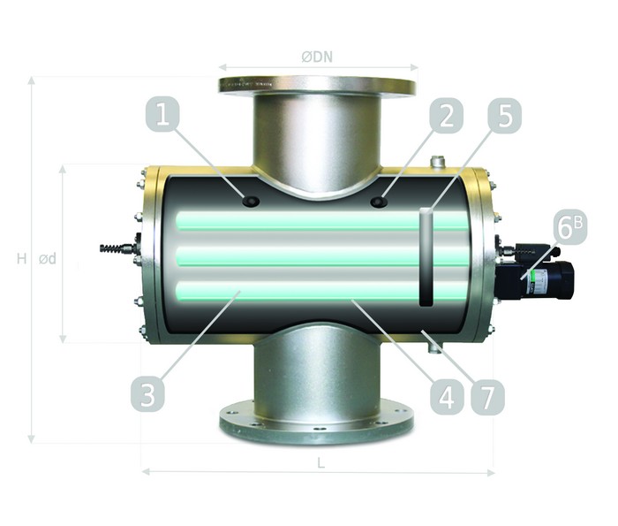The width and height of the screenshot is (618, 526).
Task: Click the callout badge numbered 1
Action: pyautogui.click(x=162, y=115)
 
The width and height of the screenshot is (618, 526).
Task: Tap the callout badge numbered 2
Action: pyautogui.click(x=447, y=115)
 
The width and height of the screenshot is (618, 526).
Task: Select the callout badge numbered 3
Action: pyautogui.click(x=147, y=394)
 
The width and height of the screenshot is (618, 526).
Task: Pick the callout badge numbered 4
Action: pyautogui.click(x=447, y=397)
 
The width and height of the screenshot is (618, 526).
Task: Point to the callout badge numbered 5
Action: pyautogui.click(x=505, y=115)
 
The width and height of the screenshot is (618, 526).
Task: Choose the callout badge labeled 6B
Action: pyautogui.click(x=570, y=227)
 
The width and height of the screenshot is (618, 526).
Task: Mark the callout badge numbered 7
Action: pyautogui.click(x=488, y=397)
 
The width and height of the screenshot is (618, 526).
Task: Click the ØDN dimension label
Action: pyautogui.click(x=317, y=57)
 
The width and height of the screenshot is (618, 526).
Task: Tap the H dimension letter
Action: pyautogui.click(x=22, y=259)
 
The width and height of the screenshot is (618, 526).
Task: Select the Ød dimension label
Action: pyautogui.click(x=48, y=259)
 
